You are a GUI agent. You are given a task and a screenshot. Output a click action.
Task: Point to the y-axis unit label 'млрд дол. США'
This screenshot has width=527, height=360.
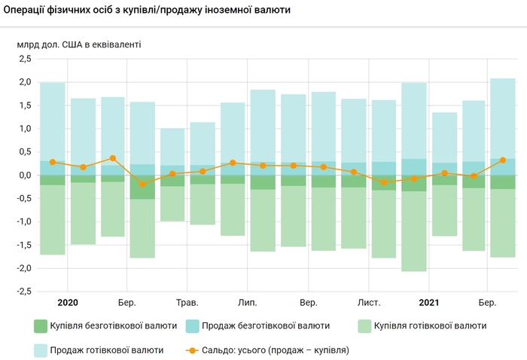[78, 44]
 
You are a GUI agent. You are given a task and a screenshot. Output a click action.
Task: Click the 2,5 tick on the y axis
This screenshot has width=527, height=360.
[24, 59]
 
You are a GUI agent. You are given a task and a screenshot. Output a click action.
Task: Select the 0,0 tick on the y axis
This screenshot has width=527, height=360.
[24, 175]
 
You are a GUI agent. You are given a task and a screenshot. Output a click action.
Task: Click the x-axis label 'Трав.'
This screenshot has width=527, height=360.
[187, 303]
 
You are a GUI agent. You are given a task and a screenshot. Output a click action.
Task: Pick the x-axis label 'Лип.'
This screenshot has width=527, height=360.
[247, 303]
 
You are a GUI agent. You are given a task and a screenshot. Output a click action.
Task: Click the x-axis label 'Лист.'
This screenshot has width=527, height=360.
[368, 303]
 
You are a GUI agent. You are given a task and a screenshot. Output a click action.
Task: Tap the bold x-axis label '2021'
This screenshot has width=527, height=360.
[428, 303]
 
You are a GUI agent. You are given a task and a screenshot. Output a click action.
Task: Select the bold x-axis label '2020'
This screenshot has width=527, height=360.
[68, 303]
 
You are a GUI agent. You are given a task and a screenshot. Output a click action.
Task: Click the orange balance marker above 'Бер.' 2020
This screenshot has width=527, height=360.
[113, 158]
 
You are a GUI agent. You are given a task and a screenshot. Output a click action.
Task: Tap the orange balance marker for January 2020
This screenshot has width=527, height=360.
[53, 162]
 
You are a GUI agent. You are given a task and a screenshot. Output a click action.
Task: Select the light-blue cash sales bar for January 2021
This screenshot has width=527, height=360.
[414, 121]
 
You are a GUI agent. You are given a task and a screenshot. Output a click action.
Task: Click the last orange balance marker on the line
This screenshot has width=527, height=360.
[502, 160]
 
